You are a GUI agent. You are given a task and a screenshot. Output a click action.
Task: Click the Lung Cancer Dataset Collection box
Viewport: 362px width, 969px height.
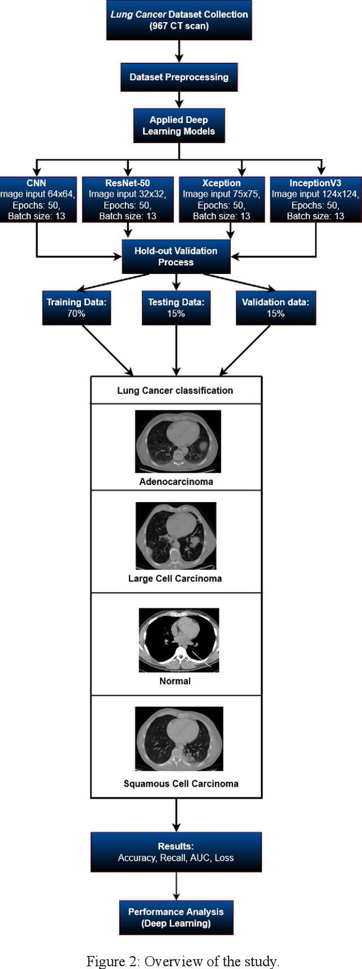tap(179, 20)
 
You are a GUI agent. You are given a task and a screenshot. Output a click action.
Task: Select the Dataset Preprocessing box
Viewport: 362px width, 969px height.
tap(179, 77)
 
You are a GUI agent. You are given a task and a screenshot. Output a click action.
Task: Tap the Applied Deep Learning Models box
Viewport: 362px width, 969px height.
tap(179, 126)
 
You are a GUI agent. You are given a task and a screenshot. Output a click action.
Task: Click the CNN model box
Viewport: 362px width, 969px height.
tap(37, 199)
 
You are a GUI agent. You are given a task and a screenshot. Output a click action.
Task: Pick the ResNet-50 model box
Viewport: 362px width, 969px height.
tap(127, 199)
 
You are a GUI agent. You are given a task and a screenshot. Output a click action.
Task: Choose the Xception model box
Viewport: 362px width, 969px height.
tap(221, 199)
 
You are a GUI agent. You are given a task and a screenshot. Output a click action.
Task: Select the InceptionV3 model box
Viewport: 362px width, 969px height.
tap(315, 199)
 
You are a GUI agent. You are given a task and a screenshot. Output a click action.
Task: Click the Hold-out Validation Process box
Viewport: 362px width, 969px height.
tap(176, 256)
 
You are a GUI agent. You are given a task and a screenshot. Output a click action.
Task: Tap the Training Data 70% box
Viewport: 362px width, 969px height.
tap(76, 308)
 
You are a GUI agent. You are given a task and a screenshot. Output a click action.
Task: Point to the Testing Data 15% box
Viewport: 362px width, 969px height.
tap(176, 308)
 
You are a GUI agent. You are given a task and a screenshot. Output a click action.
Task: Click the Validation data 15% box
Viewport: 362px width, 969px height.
tap(275, 308)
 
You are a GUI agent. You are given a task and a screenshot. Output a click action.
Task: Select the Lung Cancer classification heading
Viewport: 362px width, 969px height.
tap(175, 391)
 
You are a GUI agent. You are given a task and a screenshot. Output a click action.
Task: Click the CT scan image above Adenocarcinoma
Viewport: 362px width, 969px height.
tap(178, 441)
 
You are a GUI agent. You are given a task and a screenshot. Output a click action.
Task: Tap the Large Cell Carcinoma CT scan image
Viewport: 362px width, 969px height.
tap(176, 535)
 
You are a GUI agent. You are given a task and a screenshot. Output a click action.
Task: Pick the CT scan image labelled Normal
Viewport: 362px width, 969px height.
tap(179, 640)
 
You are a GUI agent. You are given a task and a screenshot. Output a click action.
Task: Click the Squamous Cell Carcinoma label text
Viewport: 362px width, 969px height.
tap(181, 784)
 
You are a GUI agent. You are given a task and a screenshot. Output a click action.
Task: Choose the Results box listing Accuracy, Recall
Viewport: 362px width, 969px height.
tap(176, 852)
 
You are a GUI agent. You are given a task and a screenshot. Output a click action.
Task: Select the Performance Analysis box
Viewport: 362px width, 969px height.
tap(176, 917)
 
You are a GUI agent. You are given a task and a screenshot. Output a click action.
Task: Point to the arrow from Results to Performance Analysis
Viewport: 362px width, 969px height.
tap(176, 886)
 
